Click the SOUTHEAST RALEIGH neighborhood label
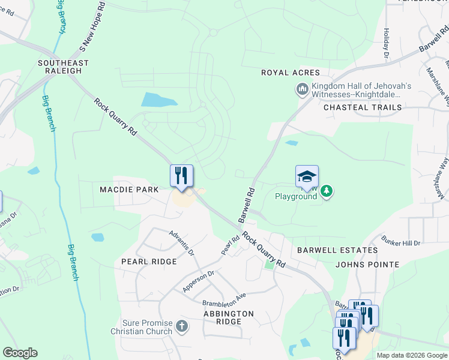coord(63,67)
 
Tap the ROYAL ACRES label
coord(291,73)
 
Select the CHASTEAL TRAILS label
coord(363,107)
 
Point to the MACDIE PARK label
coord(129,190)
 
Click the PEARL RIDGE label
coord(149,262)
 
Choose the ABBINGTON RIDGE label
coord(229,317)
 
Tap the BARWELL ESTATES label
coord(337,250)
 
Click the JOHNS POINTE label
coord(367,265)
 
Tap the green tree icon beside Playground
coord(327,191)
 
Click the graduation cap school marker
coord(307,176)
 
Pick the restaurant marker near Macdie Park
coord(181,175)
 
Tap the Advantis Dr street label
coord(182,244)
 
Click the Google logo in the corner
coord(20,353)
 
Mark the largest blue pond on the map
coord(160,100)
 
